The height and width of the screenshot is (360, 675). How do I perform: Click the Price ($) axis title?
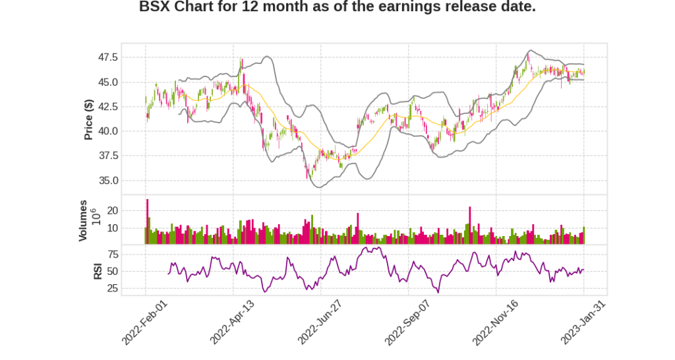(88, 119)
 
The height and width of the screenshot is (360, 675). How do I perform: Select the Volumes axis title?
(83, 220)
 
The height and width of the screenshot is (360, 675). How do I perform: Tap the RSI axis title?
(97, 271)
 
